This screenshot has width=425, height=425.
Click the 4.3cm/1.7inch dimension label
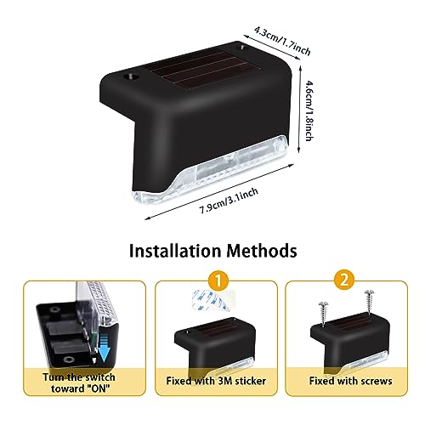(x=282, y=41)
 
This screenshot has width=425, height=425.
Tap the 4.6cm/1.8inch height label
(x=309, y=110)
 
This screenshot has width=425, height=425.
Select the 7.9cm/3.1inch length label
(x=229, y=201)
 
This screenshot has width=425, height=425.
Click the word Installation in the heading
(x=175, y=251)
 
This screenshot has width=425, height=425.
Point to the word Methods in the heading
(x=262, y=251)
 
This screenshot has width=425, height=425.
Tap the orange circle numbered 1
(x=218, y=280)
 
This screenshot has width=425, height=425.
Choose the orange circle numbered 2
(x=344, y=280)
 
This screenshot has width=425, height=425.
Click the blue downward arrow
(x=105, y=348)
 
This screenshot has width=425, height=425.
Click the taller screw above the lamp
(x=369, y=301)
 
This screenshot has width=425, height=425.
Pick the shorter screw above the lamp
(x=323, y=314)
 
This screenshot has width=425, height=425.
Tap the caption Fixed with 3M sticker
(x=216, y=381)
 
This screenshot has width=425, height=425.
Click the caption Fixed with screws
(x=350, y=381)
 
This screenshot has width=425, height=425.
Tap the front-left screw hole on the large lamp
(x=130, y=76)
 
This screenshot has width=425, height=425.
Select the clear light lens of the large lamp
(x=209, y=167)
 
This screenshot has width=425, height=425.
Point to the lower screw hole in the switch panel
(x=68, y=360)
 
